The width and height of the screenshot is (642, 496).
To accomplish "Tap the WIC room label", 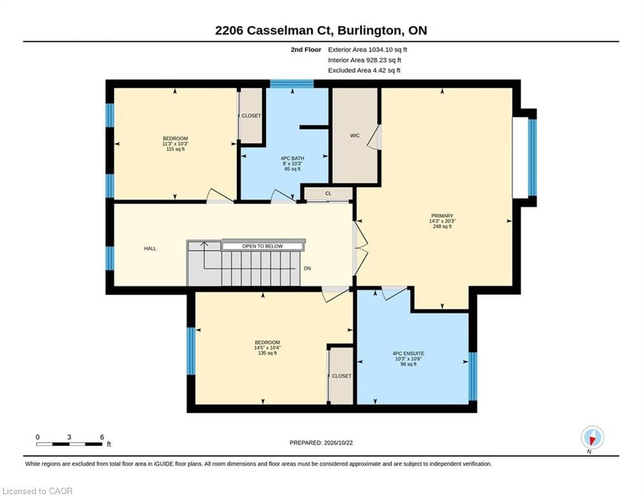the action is pos(355,136).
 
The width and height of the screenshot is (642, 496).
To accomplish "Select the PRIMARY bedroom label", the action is pos(442,216).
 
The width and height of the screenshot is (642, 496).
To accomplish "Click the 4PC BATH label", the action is pos(293,158).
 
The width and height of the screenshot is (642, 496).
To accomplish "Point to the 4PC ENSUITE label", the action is pos(408,353).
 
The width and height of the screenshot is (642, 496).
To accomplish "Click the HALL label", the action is pos(150,249).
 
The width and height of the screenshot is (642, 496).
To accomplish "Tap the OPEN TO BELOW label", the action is pos(262,246).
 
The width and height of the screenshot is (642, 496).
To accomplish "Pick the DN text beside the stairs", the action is pos(307,269).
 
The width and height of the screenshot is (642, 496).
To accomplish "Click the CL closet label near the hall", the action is pos(328,193).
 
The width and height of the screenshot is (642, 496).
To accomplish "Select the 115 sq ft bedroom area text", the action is pos(175,149).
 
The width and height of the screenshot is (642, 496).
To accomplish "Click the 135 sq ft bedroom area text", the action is pos(267,353).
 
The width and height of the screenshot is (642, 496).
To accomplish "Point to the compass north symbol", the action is pos(592,438).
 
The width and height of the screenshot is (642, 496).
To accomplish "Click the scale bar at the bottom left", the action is pos(69,444).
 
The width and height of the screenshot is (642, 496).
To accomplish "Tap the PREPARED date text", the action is pos(321,443).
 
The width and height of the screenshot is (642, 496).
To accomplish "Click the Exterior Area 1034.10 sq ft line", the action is pos(368,50).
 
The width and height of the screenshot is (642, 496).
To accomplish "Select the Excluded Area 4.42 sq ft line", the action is pos(364,70).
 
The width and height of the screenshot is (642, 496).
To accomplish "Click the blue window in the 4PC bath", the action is pos(292,84).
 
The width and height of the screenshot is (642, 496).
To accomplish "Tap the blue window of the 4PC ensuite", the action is pos(473,376).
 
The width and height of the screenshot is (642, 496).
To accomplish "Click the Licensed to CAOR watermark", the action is pos(37,491).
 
